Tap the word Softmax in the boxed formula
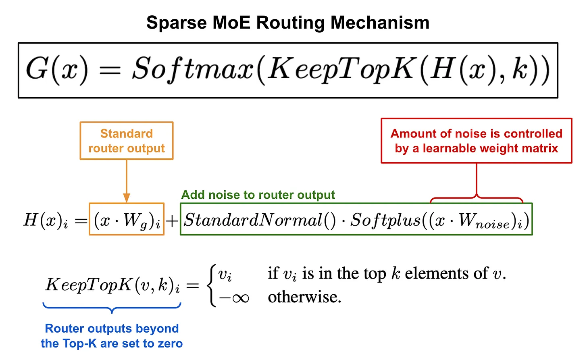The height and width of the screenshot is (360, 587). pyautogui.click(x=193, y=69)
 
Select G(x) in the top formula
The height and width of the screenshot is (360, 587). pyautogui.click(x=56, y=69)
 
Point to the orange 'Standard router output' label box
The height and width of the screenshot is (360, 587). pyautogui.click(x=127, y=141)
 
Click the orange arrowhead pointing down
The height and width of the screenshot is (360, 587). pyautogui.click(x=127, y=198)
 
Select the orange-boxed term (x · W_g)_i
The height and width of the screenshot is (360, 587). pyautogui.click(x=127, y=220)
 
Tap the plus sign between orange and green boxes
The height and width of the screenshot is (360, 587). pyautogui.click(x=172, y=221)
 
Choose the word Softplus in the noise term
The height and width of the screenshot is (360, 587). pyautogui.click(x=385, y=220)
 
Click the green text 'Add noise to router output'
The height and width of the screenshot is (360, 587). pyautogui.click(x=258, y=195)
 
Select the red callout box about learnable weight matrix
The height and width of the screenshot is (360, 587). pyautogui.click(x=476, y=141)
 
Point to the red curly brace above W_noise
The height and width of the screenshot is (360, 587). pyautogui.click(x=477, y=198)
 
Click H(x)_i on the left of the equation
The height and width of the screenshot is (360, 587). pyautogui.click(x=46, y=221)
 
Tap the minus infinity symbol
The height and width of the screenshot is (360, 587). pyautogui.click(x=234, y=298)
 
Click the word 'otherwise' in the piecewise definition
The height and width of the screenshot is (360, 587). pyautogui.click(x=304, y=297)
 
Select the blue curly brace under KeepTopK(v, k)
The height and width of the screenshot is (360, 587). pyautogui.click(x=112, y=308)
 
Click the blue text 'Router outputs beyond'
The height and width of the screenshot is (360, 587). pyautogui.click(x=112, y=329)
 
